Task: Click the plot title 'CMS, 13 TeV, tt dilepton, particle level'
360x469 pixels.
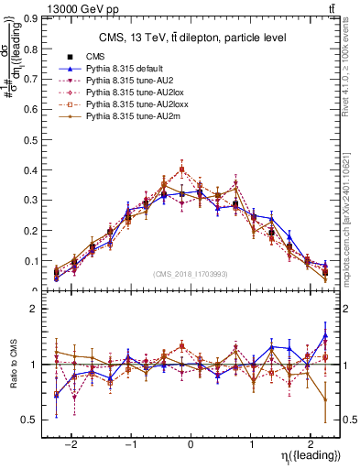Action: (192, 38)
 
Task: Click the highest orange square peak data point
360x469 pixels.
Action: (182, 169)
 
